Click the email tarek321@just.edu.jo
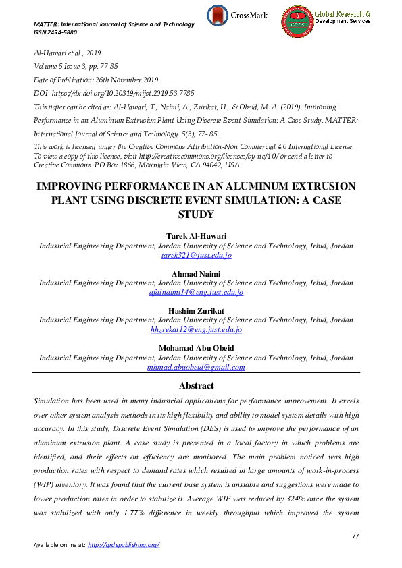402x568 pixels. click(x=196, y=256)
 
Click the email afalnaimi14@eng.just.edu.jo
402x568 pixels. click(x=196, y=293)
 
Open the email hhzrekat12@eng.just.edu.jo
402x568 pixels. click(x=196, y=330)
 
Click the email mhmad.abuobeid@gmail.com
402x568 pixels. click(x=196, y=368)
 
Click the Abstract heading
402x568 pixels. click(x=196, y=386)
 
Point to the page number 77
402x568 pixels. click(x=355, y=535)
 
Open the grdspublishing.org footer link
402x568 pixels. click(x=124, y=545)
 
